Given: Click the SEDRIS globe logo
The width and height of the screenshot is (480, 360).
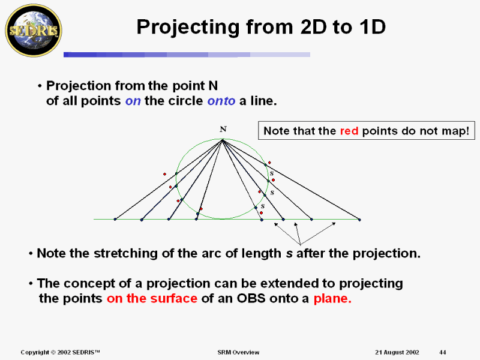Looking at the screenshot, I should (34, 29).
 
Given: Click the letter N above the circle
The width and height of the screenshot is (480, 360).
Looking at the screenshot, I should (223, 129).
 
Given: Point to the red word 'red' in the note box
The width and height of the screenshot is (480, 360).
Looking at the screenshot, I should (350, 131).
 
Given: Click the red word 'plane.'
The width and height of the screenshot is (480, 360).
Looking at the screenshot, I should (332, 298).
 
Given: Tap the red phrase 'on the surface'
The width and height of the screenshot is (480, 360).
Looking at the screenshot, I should (152, 298).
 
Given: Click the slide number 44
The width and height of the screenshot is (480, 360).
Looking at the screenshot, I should (443, 352).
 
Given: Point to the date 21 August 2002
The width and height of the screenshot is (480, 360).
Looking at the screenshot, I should (397, 352).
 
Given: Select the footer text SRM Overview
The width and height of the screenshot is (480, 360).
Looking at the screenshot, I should (238, 352).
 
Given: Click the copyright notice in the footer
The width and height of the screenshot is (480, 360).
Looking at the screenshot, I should (60, 352).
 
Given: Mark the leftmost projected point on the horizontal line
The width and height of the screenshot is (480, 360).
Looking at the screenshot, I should (115, 220).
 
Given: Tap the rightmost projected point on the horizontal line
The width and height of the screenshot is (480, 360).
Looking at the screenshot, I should (359, 220).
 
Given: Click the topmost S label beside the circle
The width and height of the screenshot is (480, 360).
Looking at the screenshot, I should (272, 173).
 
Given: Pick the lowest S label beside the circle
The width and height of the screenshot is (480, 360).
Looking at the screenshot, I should (262, 206).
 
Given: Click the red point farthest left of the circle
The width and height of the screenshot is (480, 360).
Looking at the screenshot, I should (164, 175).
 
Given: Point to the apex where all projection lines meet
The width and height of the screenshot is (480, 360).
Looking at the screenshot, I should (223, 140).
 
